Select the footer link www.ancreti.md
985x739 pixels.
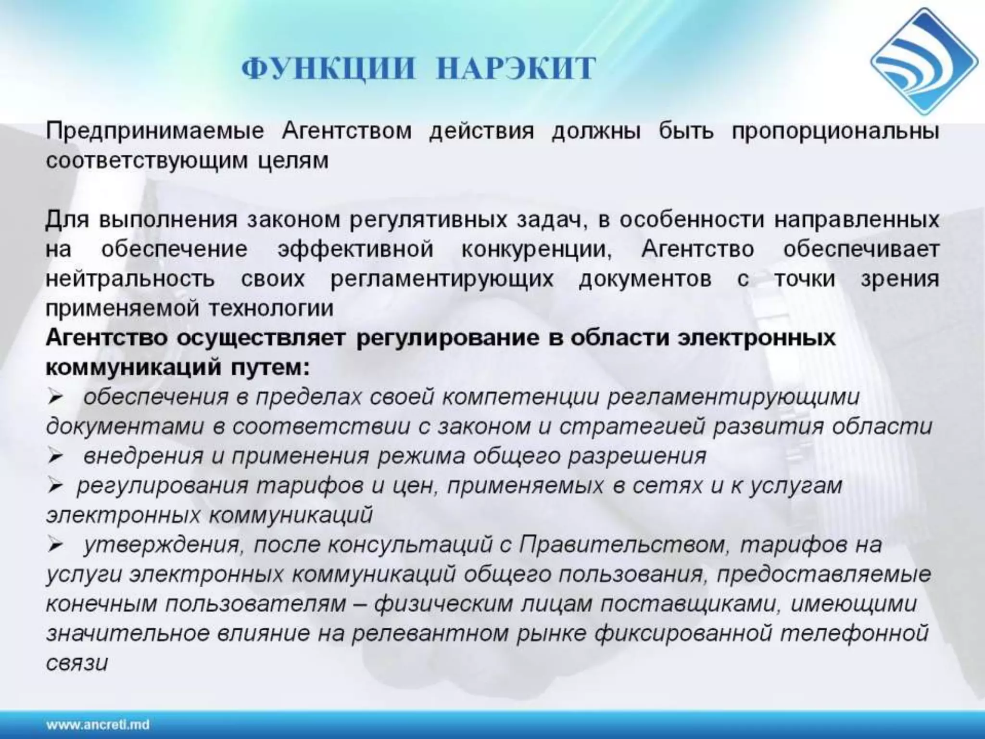point(98,725)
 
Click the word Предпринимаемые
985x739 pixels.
point(155,131)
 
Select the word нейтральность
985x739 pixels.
point(130,279)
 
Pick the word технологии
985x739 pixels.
point(270,308)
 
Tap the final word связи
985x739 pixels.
point(77,663)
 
